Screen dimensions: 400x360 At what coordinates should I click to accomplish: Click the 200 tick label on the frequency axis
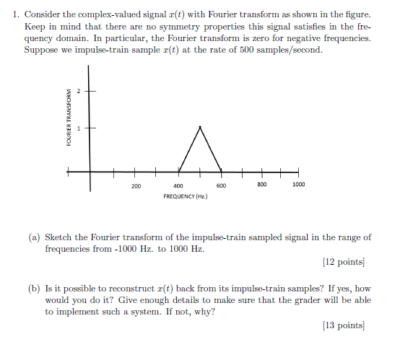136,185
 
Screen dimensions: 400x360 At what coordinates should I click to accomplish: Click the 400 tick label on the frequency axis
178,185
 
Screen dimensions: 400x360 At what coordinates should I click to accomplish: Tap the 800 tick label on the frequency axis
262,185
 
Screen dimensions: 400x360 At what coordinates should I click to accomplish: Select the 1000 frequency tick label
298,185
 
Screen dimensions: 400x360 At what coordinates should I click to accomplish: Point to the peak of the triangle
200,127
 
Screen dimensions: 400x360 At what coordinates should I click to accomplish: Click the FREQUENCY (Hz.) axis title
186,196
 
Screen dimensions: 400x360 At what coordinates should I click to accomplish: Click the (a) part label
35,237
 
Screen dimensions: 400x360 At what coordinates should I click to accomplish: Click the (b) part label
35,288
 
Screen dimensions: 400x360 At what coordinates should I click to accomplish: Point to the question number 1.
16,14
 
